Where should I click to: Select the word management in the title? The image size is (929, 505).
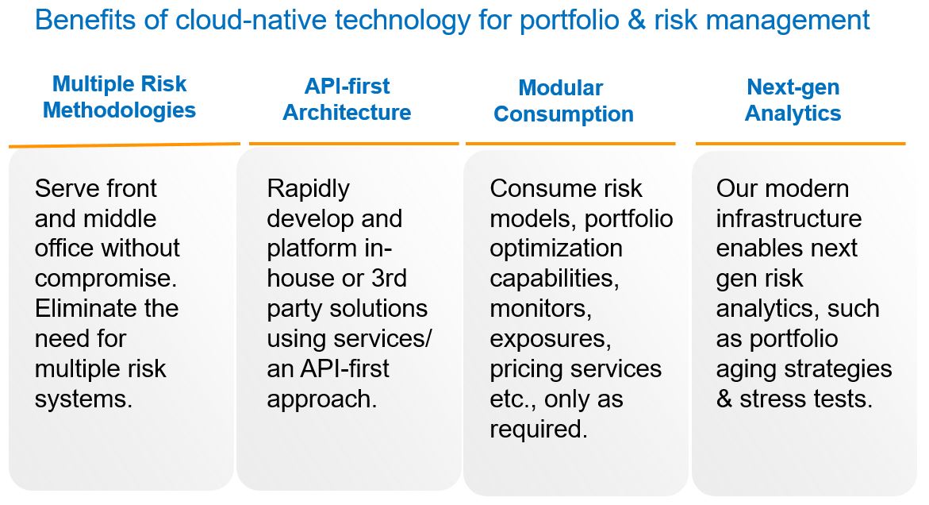(788, 21)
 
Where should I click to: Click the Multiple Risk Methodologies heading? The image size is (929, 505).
(119, 97)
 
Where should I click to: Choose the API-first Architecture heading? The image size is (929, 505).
(347, 99)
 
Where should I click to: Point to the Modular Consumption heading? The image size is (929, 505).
(563, 101)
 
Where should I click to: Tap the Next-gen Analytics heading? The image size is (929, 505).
(793, 99)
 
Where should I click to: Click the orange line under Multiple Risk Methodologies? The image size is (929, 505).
(125, 145)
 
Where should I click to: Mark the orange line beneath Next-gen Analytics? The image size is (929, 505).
(800, 144)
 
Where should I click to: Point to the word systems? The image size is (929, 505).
(83, 399)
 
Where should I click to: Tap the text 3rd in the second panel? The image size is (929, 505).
(389, 278)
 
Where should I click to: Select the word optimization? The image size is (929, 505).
(556, 249)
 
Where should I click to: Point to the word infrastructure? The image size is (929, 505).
(789, 218)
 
